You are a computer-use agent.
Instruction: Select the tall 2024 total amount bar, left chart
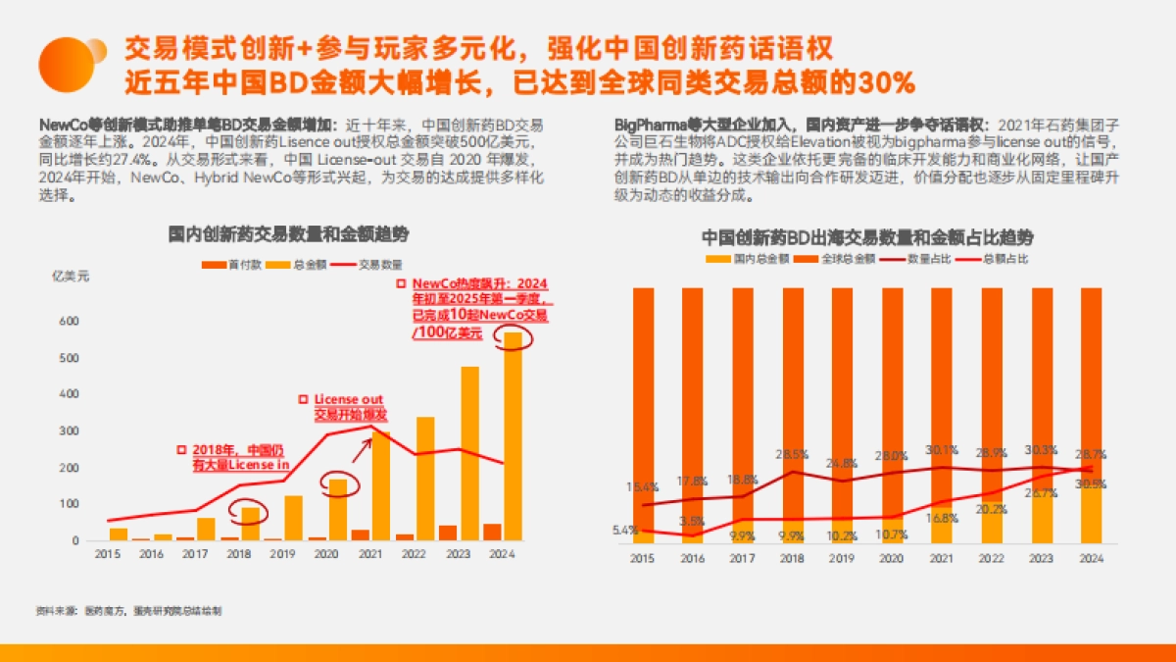point(513,436)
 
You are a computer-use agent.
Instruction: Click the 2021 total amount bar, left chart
point(380,485)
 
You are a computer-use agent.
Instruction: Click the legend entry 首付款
point(229,265)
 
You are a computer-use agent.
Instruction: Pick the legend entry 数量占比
point(917,259)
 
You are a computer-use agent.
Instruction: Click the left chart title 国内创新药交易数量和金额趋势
point(288,235)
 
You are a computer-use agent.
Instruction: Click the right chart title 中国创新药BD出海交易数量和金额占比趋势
point(867,237)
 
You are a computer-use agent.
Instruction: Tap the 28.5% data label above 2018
point(792,454)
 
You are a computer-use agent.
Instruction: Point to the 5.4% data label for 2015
point(624,530)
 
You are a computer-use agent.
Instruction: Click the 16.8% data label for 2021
point(942,518)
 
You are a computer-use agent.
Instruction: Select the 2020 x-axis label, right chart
point(892,558)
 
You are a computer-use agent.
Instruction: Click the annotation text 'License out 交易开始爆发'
point(348,407)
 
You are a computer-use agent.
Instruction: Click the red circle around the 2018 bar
point(251,512)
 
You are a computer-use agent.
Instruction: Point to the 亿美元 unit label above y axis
point(70,276)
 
